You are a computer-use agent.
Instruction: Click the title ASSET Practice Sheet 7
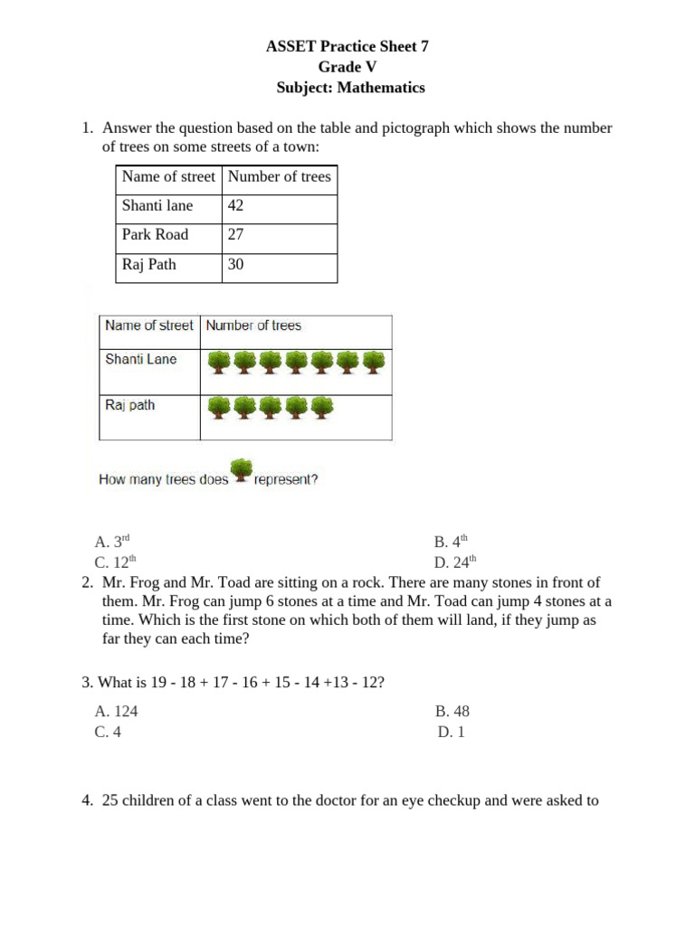pos(347,48)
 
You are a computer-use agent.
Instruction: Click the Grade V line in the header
pos(347,68)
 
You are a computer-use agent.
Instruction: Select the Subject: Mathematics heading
pos(349,88)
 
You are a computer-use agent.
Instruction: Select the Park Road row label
pos(156,235)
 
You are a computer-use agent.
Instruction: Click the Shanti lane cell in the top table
pos(157,206)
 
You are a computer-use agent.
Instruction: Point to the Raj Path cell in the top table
pos(149,266)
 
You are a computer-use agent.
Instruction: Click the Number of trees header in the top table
pos(280,177)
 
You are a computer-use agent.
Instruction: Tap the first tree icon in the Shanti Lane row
pos(219,364)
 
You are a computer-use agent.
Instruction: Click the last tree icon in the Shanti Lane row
pos(374,364)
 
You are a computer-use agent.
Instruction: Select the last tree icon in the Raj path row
pos(322,409)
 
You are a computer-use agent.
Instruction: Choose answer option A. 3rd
pos(113,543)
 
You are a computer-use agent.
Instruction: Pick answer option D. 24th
pos(454,562)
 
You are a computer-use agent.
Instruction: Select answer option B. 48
pos(452,712)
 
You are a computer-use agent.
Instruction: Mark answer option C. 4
pos(108,732)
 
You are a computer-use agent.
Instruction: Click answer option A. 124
pos(116,712)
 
